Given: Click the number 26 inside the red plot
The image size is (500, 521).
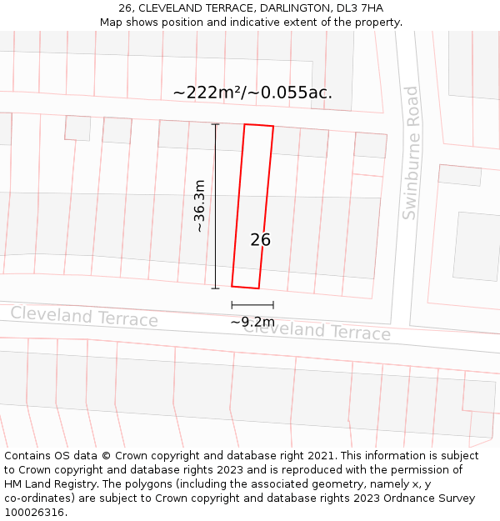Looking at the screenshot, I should [260, 240].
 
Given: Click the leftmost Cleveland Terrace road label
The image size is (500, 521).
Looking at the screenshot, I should [84, 317].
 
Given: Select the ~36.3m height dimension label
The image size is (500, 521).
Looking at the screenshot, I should [199, 205].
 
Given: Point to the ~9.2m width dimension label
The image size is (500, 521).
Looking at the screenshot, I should [252, 322].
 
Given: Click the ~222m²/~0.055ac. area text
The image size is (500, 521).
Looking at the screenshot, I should [252, 93].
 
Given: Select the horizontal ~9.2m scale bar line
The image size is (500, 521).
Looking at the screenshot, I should [252, 306].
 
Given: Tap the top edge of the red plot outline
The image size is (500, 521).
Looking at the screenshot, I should [258, 125].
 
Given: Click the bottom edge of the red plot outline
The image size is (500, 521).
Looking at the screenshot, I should [245, 288].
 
